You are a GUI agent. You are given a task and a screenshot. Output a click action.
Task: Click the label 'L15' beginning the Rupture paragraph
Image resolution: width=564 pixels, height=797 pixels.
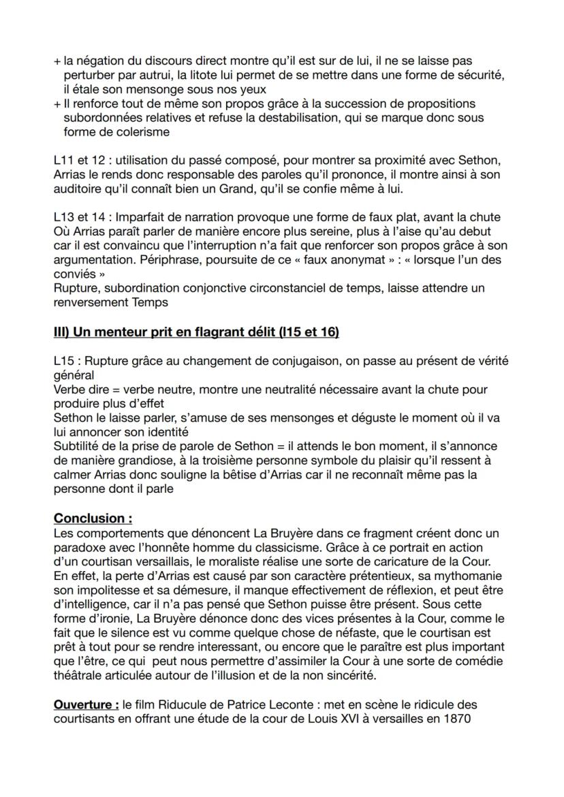[x=64, y=360]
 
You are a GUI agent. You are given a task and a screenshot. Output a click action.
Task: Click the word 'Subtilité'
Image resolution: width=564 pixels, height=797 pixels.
[x=77, y=446]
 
